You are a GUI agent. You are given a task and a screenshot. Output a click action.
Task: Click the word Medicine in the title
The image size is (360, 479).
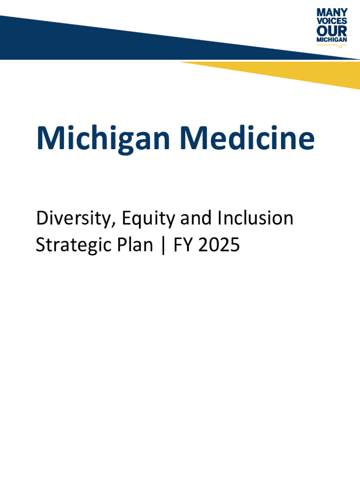pos(247,138)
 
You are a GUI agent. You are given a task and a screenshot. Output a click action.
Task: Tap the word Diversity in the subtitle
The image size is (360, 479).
pos(74,219)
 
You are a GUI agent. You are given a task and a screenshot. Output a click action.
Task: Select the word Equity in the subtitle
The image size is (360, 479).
pos(148,219)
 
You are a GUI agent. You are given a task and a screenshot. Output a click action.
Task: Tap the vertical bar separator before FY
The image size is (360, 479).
pos(163,245)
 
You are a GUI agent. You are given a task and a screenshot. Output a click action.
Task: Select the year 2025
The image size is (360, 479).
pos(219,245)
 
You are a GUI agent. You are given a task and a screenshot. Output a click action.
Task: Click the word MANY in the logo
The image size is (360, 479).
pos(332,13)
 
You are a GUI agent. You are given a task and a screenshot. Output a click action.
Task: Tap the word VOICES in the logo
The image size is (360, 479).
pos(332,21)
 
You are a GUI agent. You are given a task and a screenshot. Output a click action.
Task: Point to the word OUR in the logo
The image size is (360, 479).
pos(332,31)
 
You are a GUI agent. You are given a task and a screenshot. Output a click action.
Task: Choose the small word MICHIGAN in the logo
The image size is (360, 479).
pos(332,40)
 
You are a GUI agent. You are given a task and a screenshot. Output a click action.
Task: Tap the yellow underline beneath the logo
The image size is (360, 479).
pos(332,45)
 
